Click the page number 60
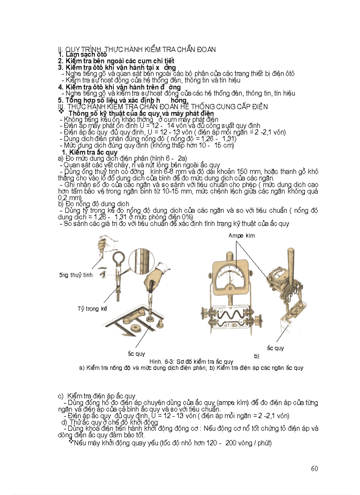click(314, 469)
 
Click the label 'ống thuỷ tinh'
click(75, 275)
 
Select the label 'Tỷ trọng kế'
click(93, 309)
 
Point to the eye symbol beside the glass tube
click(102, 274)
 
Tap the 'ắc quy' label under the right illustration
click(276, 348)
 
